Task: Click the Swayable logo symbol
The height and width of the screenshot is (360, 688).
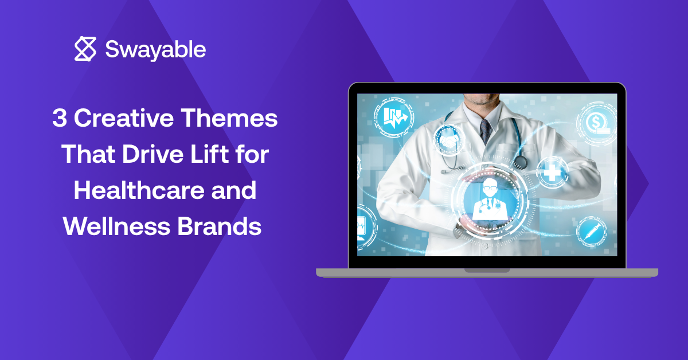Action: point(85,49)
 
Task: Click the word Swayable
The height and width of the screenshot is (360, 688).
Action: point(155,49)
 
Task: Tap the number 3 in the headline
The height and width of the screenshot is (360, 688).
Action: point(60,118)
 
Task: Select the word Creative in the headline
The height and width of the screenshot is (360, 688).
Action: point(124,118)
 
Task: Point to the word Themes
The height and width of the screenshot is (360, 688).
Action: point(229,118)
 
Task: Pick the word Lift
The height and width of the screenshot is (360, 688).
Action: point(210,154)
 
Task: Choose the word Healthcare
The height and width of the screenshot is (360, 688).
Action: point(139,190)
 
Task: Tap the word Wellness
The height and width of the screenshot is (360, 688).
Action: point(116,226)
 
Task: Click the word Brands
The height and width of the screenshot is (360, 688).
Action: point(219,226)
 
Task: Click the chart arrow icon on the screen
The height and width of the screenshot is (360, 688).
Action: point(394,117)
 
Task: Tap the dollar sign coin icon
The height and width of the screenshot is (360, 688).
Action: point(597,123)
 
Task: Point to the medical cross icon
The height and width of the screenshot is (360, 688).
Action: point(552,173)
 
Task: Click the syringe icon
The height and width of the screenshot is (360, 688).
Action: point(592,232)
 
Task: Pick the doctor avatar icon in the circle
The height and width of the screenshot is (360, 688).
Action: point(490,200)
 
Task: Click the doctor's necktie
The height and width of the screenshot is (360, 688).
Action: point(486,131)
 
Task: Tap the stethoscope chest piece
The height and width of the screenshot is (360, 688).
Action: point(521,162)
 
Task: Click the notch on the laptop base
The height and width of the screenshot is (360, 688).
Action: point(487,271)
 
